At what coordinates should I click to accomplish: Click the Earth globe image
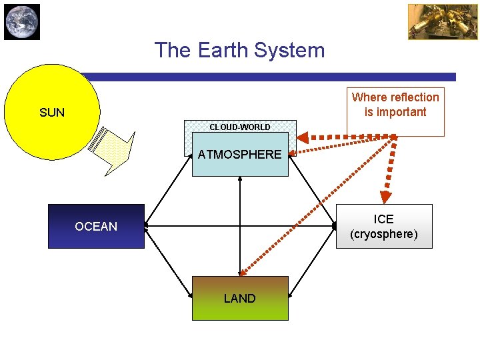(22, 22)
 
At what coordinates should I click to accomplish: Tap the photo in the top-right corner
(433, 22)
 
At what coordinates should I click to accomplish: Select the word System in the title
(293, 50)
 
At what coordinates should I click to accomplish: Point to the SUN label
(52, 113)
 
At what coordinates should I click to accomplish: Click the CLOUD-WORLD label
(240, 127)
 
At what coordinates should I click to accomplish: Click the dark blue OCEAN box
(96, 227)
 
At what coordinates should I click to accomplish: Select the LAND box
(240, 298)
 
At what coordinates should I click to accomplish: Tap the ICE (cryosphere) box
(384, 226)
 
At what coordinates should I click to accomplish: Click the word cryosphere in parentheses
(384, 234)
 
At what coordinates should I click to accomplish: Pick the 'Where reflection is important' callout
(395, 105)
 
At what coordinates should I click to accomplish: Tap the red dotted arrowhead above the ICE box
(385, 196)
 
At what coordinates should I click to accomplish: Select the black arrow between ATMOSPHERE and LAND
(240, 227)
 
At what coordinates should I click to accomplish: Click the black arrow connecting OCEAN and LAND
(168, 262)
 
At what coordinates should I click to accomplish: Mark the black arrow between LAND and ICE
(312, 262)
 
